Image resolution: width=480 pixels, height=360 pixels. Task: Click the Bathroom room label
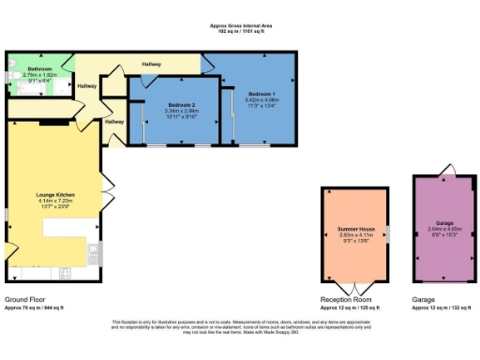point(39,68)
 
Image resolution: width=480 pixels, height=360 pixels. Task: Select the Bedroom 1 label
point(262,95)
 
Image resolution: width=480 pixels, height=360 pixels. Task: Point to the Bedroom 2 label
point(182,104)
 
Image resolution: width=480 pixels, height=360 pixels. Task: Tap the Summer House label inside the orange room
point(355,228)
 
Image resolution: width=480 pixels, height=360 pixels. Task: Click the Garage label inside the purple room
point(444,222)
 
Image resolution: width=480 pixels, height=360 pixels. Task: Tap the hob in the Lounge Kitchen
point(93,250)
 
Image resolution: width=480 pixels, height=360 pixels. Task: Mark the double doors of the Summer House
point(355,285)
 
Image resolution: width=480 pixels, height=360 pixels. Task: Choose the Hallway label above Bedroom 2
point(151,64)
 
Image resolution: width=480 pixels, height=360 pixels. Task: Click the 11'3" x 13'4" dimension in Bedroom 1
point(262,106)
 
